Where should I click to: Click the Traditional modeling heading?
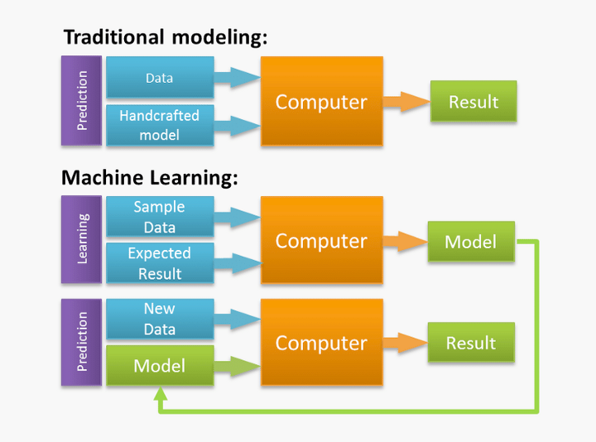[166, 37]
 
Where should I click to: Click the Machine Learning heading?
[150, 178]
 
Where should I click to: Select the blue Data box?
[160, 78]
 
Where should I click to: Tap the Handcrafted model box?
[160, 125]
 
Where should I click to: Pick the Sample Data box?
[160, 217]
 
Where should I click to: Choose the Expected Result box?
[160, 263]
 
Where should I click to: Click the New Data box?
[160, 319]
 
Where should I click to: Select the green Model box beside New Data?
[160, 366]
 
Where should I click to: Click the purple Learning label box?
[82, 239]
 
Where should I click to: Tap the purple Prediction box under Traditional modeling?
[82, 101]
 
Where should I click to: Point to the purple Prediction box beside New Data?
[82, 342]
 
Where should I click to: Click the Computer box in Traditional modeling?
[321, 102]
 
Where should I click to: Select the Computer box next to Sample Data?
[321, 241]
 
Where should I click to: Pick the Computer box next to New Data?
[321, 343]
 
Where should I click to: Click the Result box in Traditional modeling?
[473, 102]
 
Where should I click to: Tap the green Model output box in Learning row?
[471, 242]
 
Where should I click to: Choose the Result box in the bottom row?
[471, 343]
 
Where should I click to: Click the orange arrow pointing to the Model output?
[404, 242]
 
